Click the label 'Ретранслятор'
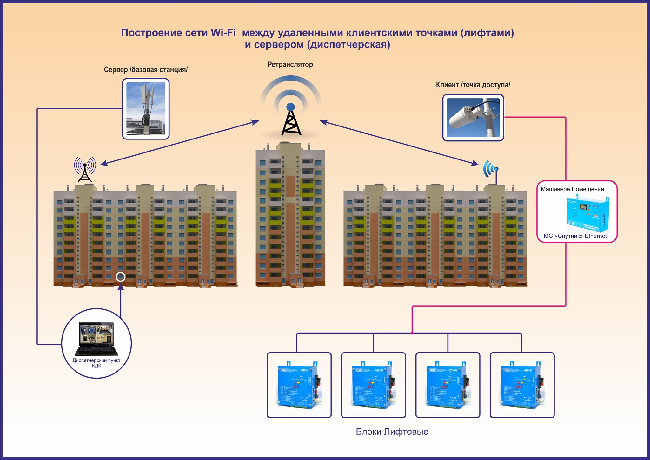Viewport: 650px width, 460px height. click(290, 65)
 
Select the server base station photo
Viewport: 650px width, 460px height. click(146, 109)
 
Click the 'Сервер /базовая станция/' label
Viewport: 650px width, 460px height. click(146, 70)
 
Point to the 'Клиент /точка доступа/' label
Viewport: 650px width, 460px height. click(473, 85)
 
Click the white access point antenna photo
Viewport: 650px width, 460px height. click(473, 118)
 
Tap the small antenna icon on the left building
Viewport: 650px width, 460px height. click(85, 169)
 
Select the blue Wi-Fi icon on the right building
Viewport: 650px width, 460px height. click(491, 169)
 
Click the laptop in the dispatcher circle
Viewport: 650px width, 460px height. click(96, 339)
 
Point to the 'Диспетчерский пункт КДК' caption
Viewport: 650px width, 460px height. click(96, 363)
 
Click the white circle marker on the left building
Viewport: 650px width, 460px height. click(120, 277)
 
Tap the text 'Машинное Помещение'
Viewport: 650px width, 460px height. click(572, 189)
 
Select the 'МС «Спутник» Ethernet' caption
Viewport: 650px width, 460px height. click(575, 236)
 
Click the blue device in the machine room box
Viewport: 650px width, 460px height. click(588, 215)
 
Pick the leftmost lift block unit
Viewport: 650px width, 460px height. click(299, 385)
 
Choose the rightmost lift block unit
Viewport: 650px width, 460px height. click(522, 385)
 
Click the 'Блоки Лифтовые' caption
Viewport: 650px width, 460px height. click(392, 432)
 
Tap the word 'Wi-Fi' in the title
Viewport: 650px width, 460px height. click(223, 33)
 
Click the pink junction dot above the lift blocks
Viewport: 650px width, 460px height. click(412, 333)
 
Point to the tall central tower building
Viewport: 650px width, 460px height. click(290, 216)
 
